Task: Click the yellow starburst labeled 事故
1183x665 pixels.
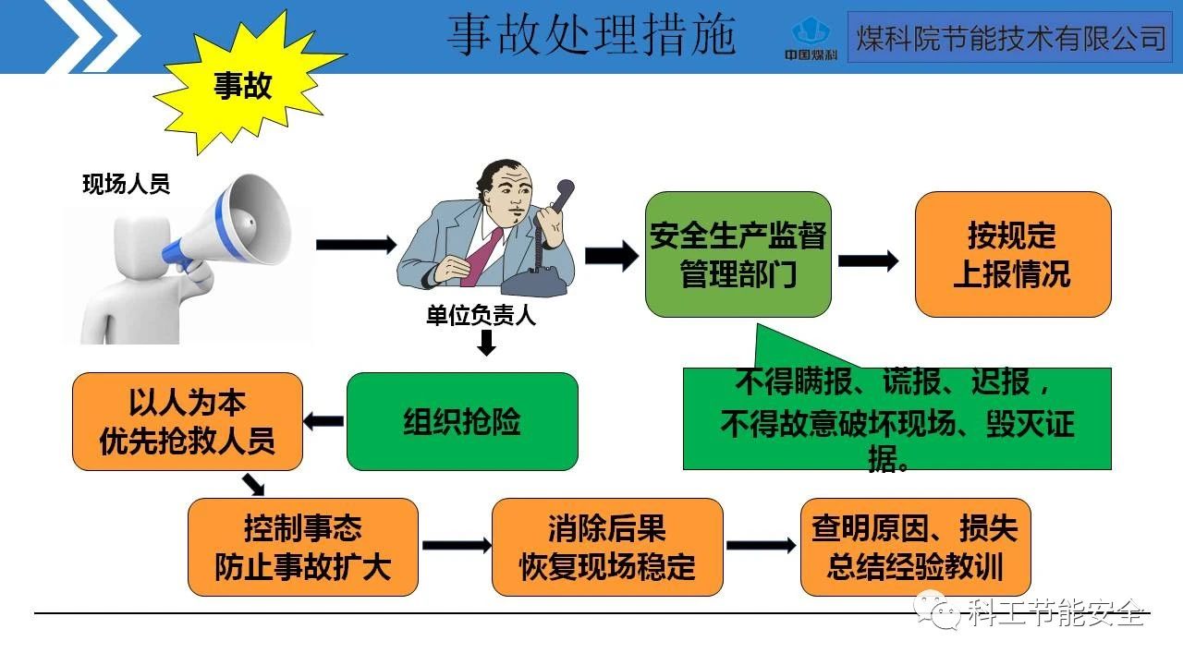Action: pyautogui.click(x=242, y=86)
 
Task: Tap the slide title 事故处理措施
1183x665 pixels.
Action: pyautogui.click(x=591, y=35)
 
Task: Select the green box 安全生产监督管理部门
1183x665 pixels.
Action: pyautogui.click(x=738, y=254)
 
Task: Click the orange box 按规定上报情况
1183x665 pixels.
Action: pyautogui.click(x=1012, y=254)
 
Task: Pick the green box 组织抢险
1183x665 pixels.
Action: pyautogui.click(x=462, y=421)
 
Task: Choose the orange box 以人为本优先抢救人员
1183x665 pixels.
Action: pyautogui.click(x=188, y=421)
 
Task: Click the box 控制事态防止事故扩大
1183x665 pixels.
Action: pyautogui.click(x=303, y=547)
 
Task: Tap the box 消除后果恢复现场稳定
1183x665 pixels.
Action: pyautogui.click(x=607, y=547)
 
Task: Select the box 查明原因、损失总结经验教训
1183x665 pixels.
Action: pyautogui.click(x=915, y=547)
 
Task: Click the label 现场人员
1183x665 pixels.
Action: pyautogui.click(x=127, y=184)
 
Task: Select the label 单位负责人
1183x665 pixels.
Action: pyautogui.click(x=481, y=317)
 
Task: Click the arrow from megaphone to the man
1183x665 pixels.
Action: pyautogui.click(x=356, y=245)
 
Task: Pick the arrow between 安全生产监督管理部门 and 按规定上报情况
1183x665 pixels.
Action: pyautogui.click(x=868, y=260)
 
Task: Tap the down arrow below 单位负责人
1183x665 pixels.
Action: pyautogui.click(x=486, y=344)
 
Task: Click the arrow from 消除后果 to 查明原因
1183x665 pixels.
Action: pyautogui.click(x=761, y=545)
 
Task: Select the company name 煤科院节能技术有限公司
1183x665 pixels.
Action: pyautogui.click(x=1010, y=38)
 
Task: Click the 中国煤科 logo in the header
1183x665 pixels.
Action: pyautogui.click(x=811, y=39)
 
